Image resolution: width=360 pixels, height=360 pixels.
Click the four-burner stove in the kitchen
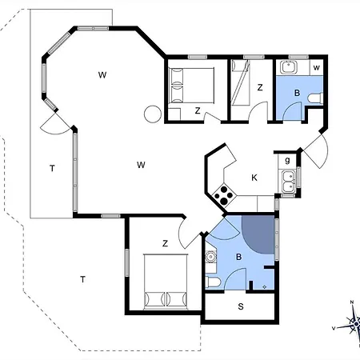point(224,195)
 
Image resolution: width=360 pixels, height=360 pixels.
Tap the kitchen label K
point(254,178)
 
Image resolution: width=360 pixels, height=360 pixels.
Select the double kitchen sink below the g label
point(288,182)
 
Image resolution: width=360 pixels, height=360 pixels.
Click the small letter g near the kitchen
point(287,160)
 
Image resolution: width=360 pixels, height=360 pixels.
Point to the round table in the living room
point(153,114)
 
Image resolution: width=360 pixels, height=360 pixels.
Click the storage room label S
point(241,306)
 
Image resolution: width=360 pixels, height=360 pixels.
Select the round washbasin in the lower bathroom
point(210,257)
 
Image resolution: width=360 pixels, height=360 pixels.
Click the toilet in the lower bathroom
point(213,282)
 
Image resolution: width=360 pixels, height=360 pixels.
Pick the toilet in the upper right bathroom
point(315,98)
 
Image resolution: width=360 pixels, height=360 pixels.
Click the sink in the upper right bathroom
point(289,66)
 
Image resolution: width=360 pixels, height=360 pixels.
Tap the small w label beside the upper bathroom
point(317,68)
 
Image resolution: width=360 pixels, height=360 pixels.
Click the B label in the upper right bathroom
point(297,93)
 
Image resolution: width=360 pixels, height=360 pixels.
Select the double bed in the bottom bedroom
point(166,282)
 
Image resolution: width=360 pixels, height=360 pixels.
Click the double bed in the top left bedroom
point(191,86)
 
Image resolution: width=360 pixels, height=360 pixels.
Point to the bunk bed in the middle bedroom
point(241,82)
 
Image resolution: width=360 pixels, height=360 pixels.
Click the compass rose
point(352,323)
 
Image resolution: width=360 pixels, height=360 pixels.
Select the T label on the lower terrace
point(82,279)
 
